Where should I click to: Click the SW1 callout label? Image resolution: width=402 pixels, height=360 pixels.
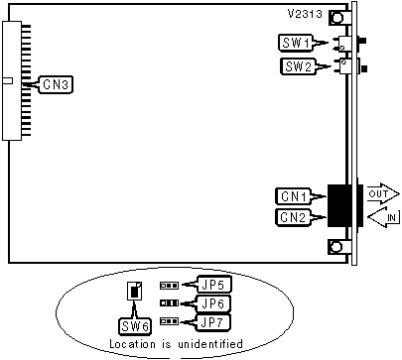(296, 43)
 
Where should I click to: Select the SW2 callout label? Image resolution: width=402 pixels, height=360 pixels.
(299, 66)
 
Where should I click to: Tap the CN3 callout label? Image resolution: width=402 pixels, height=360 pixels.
(56, 84)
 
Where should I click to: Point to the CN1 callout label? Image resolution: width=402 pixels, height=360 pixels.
(294, 196)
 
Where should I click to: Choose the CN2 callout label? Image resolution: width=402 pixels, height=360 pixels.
(293, 217)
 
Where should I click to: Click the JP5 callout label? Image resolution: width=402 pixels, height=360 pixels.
(213, 285)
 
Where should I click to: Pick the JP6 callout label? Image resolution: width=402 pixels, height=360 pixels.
(213, 303)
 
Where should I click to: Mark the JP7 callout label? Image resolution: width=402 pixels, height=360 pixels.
(213, 322)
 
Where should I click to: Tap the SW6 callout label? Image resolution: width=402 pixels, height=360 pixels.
(135, 326)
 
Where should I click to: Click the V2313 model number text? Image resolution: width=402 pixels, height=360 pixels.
(305, 14)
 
